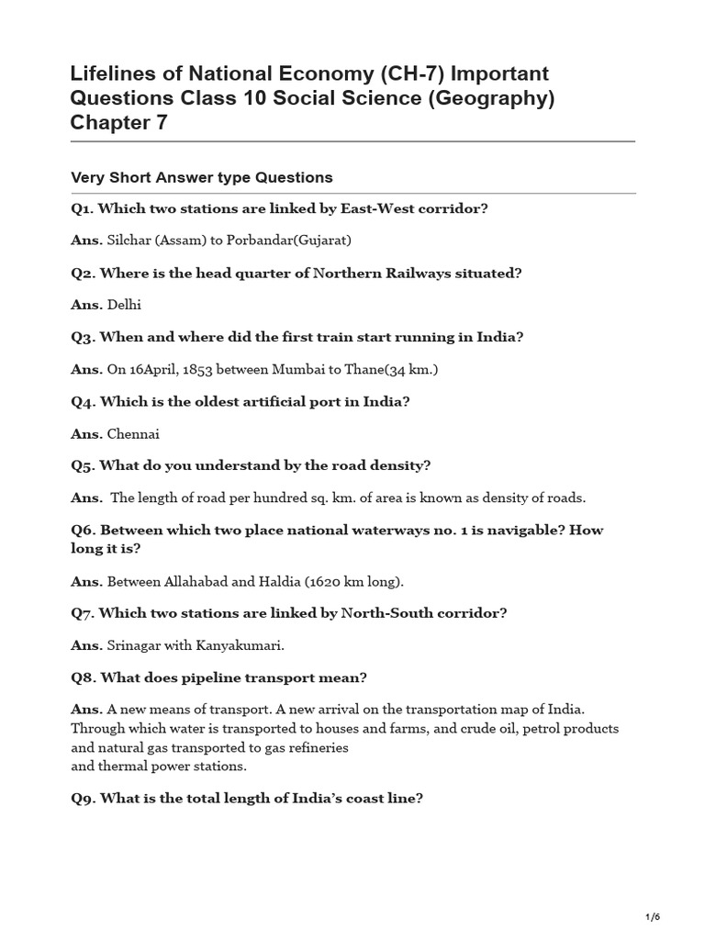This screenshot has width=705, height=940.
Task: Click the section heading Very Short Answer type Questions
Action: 202,177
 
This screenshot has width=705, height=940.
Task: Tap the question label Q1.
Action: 83,208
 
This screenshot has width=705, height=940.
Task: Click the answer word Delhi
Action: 125,305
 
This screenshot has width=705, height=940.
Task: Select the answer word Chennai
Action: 133,433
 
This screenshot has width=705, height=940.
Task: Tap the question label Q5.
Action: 83,465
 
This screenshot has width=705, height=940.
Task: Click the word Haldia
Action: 281,581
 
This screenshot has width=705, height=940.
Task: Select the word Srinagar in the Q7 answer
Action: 136,645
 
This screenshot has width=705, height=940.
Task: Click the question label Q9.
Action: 83,798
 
